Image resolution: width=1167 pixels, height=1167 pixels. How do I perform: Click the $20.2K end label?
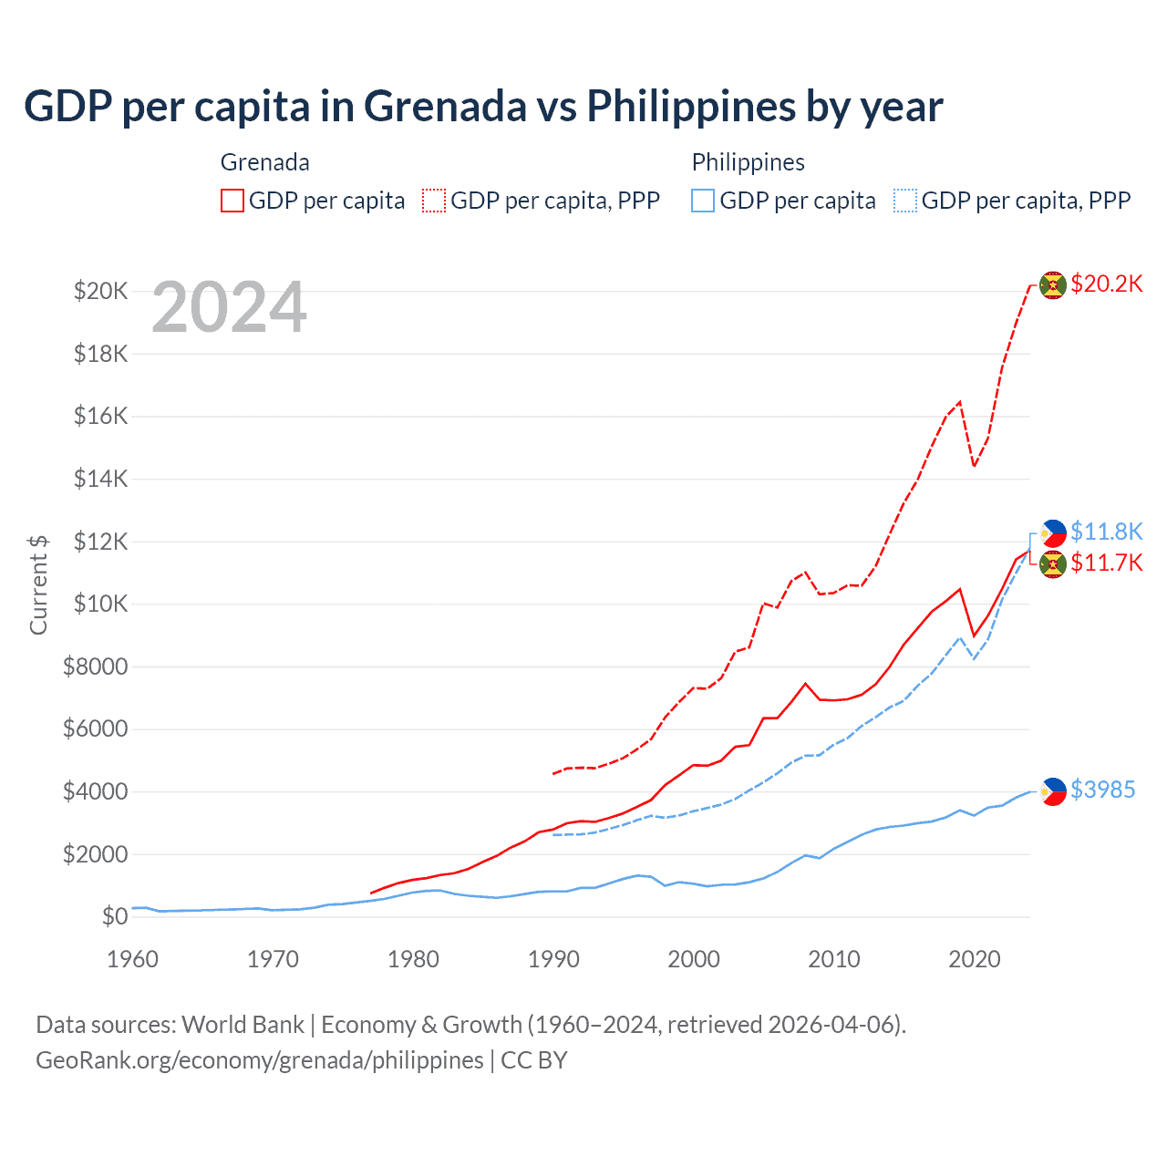[x=1106, y=284]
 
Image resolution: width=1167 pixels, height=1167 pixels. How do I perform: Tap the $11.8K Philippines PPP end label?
[x=1106, y=532]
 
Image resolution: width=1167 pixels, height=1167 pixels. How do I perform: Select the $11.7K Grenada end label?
[x=1106, y=563]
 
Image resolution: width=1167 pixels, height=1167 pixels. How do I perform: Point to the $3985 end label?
[x=1102, y=790]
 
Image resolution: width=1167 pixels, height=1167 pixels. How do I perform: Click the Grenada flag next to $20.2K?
[x=1053, y=284]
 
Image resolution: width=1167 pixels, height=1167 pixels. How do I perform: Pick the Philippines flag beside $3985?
[x=1053, y=790]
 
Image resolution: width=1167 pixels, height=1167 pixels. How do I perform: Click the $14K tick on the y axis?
[x=100, y=479]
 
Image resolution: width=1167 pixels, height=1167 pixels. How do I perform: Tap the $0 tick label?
[x=114, y=916]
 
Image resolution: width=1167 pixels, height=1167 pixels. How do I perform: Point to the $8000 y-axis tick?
[x=95, y=666]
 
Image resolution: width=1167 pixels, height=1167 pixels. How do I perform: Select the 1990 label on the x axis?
[x=553, y=959]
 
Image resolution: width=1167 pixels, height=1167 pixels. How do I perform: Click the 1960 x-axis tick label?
[x=132, y=959]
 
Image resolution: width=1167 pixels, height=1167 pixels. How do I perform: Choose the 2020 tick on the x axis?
[x=975, y=959]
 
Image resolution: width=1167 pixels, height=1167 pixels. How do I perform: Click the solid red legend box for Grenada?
[x=232, y=201]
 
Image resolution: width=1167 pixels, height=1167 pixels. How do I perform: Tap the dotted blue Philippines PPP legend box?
[x=905, y=201]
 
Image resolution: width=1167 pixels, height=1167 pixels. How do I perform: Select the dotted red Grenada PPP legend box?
[x=434, y=201]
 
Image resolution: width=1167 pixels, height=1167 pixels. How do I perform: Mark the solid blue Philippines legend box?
[x=703, y=201]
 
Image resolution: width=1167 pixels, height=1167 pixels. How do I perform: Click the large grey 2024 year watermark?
[x=229, y=307]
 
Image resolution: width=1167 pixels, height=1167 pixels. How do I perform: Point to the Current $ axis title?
[x=38, y=584]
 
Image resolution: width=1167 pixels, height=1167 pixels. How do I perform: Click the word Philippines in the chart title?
[x=690, y=107]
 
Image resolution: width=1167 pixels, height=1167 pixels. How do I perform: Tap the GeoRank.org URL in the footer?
[x=259, y=1060]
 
